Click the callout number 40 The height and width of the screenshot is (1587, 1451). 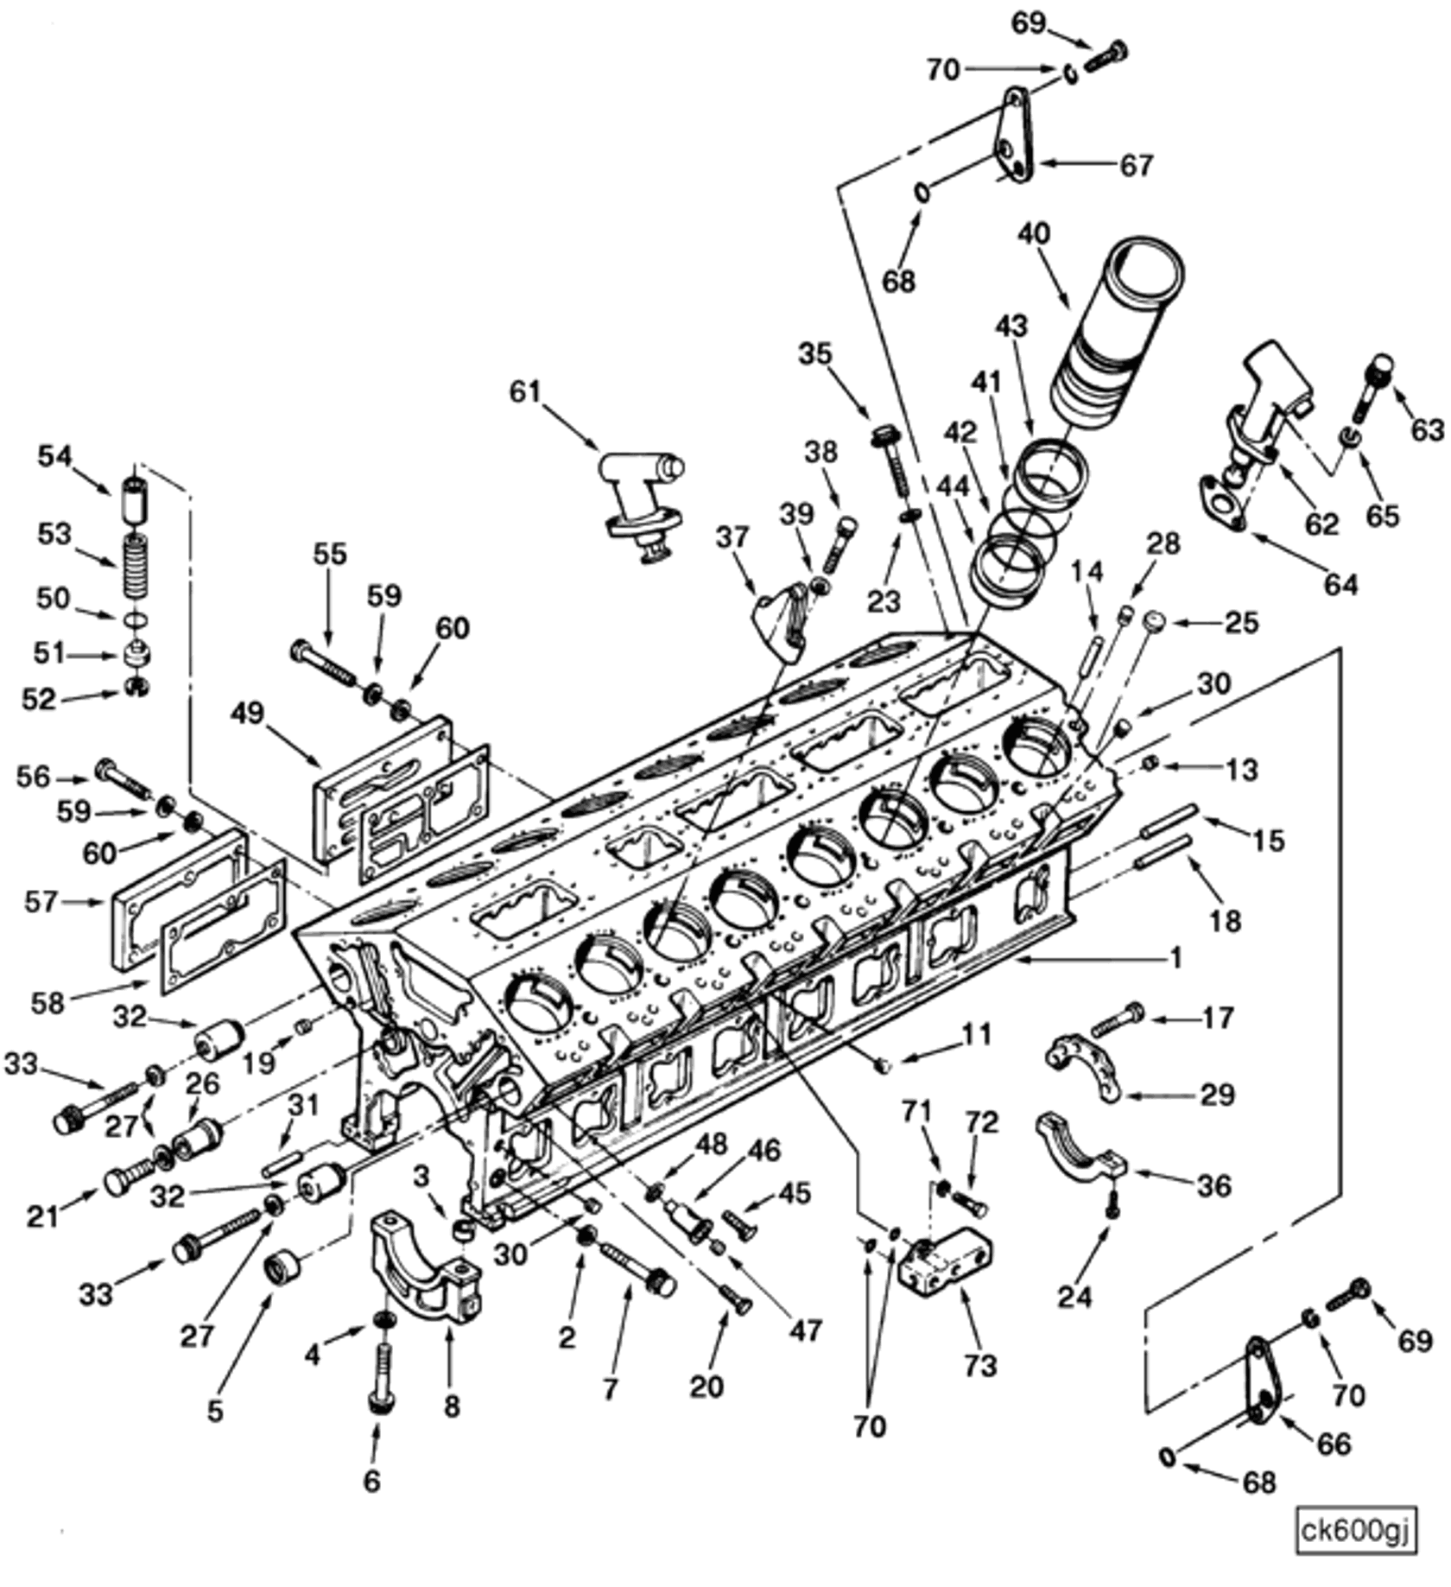coord(1034,233)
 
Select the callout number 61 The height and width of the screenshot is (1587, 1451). coord(524,392)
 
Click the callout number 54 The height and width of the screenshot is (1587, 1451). coord(54,456)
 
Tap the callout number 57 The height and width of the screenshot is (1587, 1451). coord(41,902)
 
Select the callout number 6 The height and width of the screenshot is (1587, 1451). coord(371,1481)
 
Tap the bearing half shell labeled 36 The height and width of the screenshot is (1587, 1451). coord(1080,1149)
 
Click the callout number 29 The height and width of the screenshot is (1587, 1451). coord(1218,1095)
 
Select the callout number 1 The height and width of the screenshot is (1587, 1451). coord(1175,957)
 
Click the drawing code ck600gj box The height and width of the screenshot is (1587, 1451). coord(1355,1531)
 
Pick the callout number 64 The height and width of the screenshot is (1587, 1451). coord(1341,585)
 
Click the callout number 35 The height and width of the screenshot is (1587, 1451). coord(814,353)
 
